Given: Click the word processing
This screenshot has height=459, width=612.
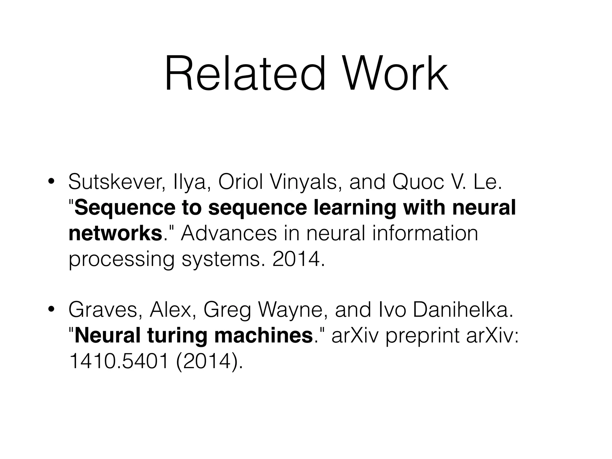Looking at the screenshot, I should point(121,259).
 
